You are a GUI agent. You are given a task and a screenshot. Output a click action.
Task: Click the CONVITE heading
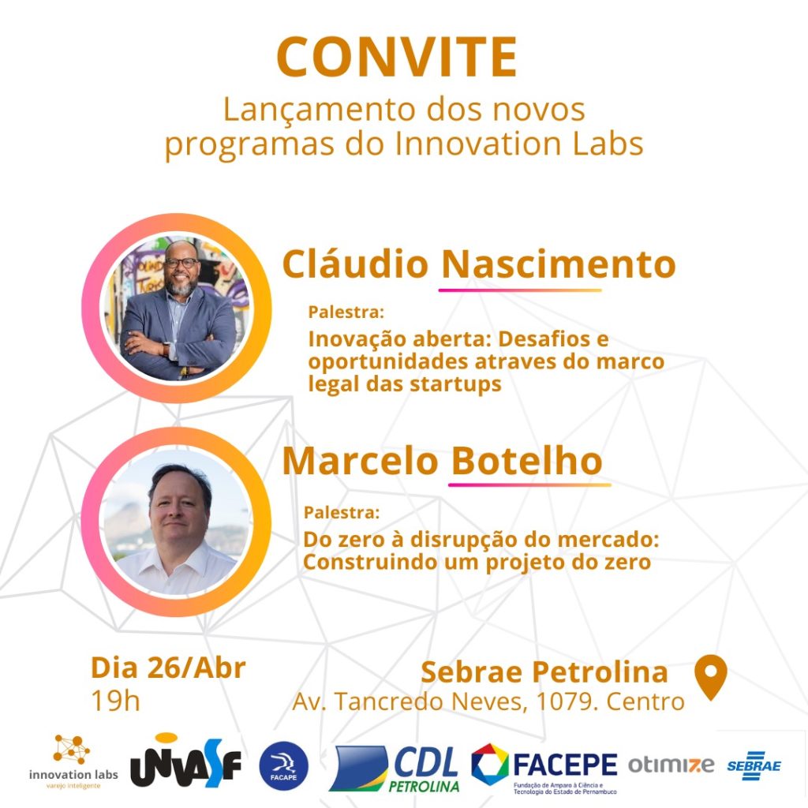396,57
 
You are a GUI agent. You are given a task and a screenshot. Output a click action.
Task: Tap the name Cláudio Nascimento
479,264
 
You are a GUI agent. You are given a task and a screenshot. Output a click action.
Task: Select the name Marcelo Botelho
442,460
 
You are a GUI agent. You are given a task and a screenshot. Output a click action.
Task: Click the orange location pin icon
711,677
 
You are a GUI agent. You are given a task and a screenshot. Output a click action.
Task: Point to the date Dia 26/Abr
168,668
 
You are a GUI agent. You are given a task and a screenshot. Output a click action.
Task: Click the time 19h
115,701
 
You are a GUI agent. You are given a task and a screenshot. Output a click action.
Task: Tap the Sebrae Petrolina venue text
544,672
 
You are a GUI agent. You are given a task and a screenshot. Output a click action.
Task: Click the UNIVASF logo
185,762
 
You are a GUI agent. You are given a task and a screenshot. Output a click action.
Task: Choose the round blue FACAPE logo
283,766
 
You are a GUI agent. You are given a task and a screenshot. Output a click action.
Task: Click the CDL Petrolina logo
395,769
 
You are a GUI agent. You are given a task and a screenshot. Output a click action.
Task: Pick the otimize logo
671,765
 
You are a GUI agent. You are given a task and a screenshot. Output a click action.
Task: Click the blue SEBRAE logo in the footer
754,765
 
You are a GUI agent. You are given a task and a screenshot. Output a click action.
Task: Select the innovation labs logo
73,762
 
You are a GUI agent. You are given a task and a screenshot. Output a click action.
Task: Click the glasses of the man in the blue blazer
181,263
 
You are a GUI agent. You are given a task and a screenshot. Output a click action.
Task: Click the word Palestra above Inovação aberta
346,312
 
